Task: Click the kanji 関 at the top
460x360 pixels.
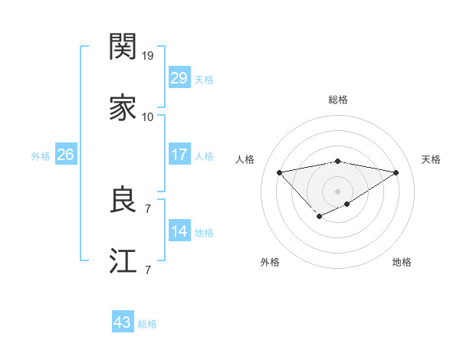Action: [123, 47]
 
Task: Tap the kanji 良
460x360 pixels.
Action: [123, 201]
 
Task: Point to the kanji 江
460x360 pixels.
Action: [123, 262]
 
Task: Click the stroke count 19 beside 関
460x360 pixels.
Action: [148, 56]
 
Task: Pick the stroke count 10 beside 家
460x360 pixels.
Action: [148, 117]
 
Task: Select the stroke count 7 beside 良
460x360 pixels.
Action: [148, 208]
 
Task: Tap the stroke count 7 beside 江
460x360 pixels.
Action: [148, 270]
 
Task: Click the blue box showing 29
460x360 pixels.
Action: [179, 78]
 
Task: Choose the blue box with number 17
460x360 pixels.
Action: [179, 155]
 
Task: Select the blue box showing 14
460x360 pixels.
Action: [179, 231]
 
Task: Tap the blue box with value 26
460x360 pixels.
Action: [65, 155]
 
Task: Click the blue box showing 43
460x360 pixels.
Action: [123, 322]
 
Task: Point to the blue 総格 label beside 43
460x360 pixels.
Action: [147, 324]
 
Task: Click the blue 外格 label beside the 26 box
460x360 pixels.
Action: [41, 156]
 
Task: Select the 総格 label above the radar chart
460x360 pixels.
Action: [338, 100]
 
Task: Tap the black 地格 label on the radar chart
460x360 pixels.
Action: [402, 262]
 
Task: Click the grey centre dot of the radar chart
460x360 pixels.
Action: [338, 191]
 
